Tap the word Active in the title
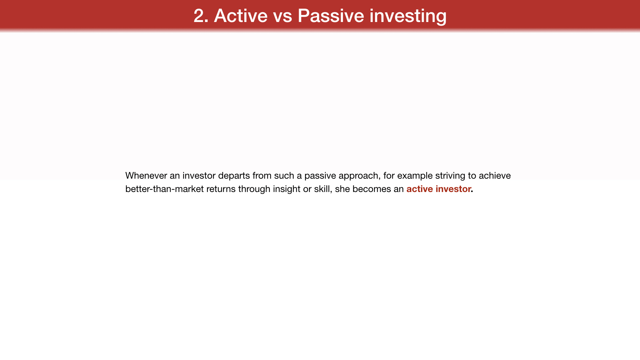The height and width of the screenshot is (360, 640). click(241, 16)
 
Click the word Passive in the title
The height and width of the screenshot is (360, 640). click(331, 16)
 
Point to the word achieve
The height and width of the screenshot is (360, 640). click(495, 176)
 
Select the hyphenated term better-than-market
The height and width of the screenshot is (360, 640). click(164, 189)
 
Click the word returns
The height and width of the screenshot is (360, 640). click(221, 189)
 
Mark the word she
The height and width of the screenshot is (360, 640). click(342, 189)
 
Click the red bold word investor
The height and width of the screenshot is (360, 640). click(453, 189)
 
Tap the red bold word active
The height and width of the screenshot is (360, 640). click(420, 189)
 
